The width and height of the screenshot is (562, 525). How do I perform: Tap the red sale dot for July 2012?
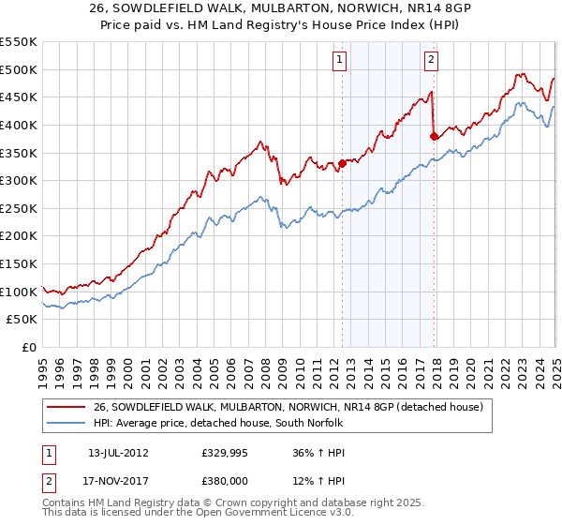(x=342, y=163)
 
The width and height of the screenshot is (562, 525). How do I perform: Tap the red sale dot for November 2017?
(x=434, y=136)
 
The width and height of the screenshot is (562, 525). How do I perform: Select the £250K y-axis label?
(x=19, y=208)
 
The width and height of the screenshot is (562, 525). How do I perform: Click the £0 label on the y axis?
(x=28, y=347)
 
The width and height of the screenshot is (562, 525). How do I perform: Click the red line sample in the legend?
(x=67, y=407)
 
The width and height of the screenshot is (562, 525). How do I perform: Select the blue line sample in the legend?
(x=67, y=424)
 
